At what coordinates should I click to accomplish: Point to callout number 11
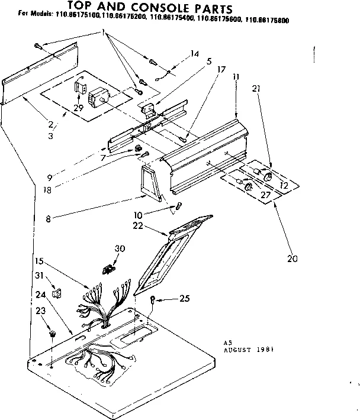236,77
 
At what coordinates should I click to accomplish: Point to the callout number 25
184,298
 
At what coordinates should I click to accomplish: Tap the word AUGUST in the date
239,350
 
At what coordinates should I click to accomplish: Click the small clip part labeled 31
56,292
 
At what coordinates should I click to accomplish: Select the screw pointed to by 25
153,299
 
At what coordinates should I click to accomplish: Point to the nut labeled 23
53,335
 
